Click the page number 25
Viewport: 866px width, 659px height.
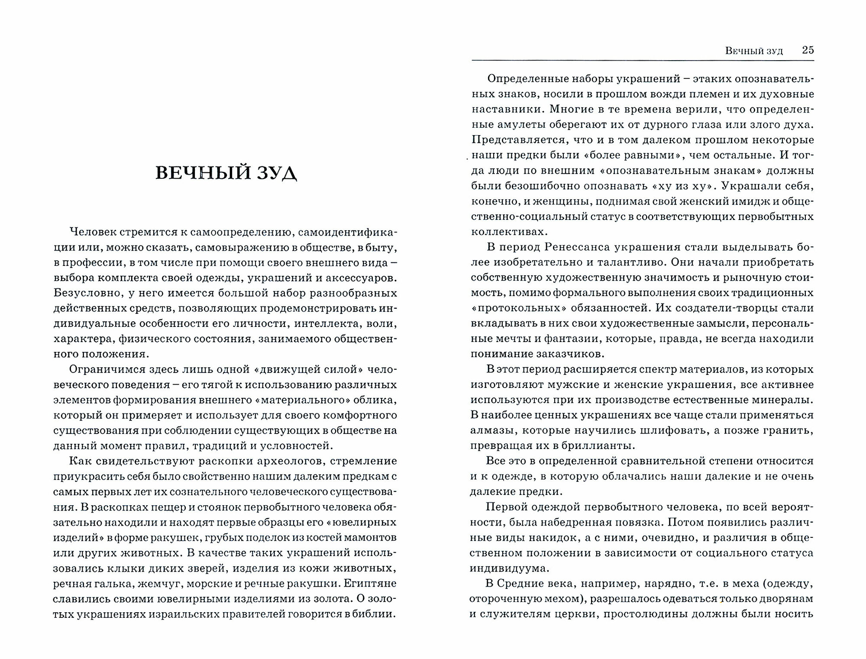pos(808,50)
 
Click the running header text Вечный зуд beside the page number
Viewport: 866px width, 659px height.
pos(754,51)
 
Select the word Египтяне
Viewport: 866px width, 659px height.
pos(371,583)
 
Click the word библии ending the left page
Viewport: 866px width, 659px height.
pos(376,614)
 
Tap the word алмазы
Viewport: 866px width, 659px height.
pos(492,430)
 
